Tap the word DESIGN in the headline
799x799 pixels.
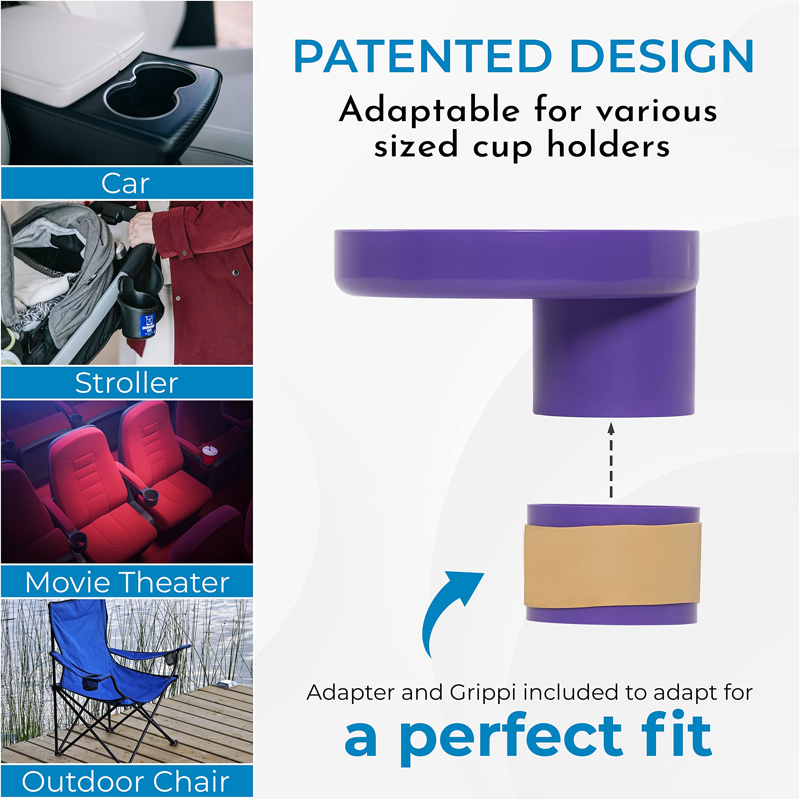click(x=662, y=57)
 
